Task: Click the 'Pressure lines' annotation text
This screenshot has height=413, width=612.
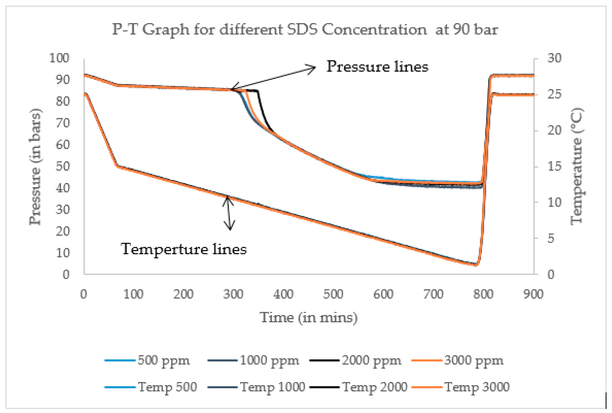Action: (377, 67)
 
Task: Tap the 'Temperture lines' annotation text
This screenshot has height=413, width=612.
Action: (184, 249)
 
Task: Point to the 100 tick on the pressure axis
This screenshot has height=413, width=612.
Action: (59, 58)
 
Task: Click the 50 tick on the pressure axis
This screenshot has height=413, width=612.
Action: (63, 166)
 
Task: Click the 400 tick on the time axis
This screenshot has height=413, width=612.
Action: (283, 294)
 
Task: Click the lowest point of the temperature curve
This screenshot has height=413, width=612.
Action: (475, 265)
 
